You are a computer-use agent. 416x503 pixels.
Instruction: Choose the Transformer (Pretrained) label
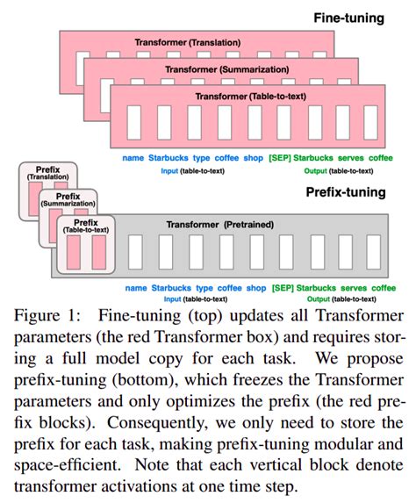tap(226, 224)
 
